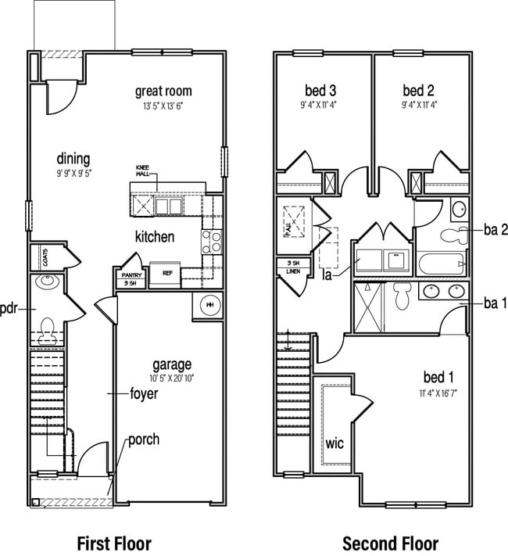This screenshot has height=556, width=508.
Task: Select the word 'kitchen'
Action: coord(155,237)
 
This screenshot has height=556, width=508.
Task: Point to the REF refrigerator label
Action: coord(167,274)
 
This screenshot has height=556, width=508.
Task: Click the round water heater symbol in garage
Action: coord(209,305)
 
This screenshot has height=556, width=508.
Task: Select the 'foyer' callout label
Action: coord(143,393)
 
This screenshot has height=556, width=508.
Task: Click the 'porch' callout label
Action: coord(144,439)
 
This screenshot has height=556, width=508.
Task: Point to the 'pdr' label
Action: coord(9,308)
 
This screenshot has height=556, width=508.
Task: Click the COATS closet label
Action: coord(46,257)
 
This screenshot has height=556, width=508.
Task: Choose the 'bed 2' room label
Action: coord(419,90)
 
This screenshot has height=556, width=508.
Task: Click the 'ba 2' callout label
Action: coord(495,229)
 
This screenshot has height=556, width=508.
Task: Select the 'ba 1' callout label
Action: coord(495,303)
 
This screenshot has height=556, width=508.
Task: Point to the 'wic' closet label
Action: coord(334,443)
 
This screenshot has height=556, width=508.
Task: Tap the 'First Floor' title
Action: coord(113,542)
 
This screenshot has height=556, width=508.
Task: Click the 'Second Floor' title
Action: coord(390,542)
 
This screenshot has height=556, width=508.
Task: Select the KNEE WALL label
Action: coord(142,170)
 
